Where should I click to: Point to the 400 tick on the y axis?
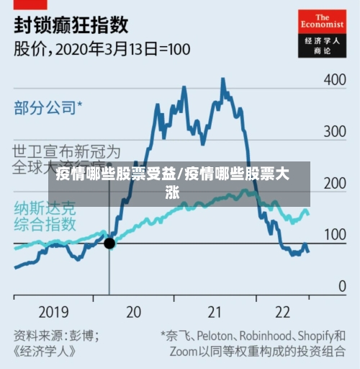click(334, 80)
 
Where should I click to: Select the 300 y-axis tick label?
click(334, 132)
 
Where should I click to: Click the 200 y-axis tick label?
click(334, 183)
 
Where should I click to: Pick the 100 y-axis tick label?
click(334, 235)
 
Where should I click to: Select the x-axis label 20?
click(133, 311)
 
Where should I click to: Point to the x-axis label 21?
click(215, 311)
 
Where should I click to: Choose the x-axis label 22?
click(282, 311)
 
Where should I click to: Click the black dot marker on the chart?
click(109, 244)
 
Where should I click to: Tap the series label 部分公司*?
click(48, 108)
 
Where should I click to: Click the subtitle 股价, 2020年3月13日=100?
click(102, 50)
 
